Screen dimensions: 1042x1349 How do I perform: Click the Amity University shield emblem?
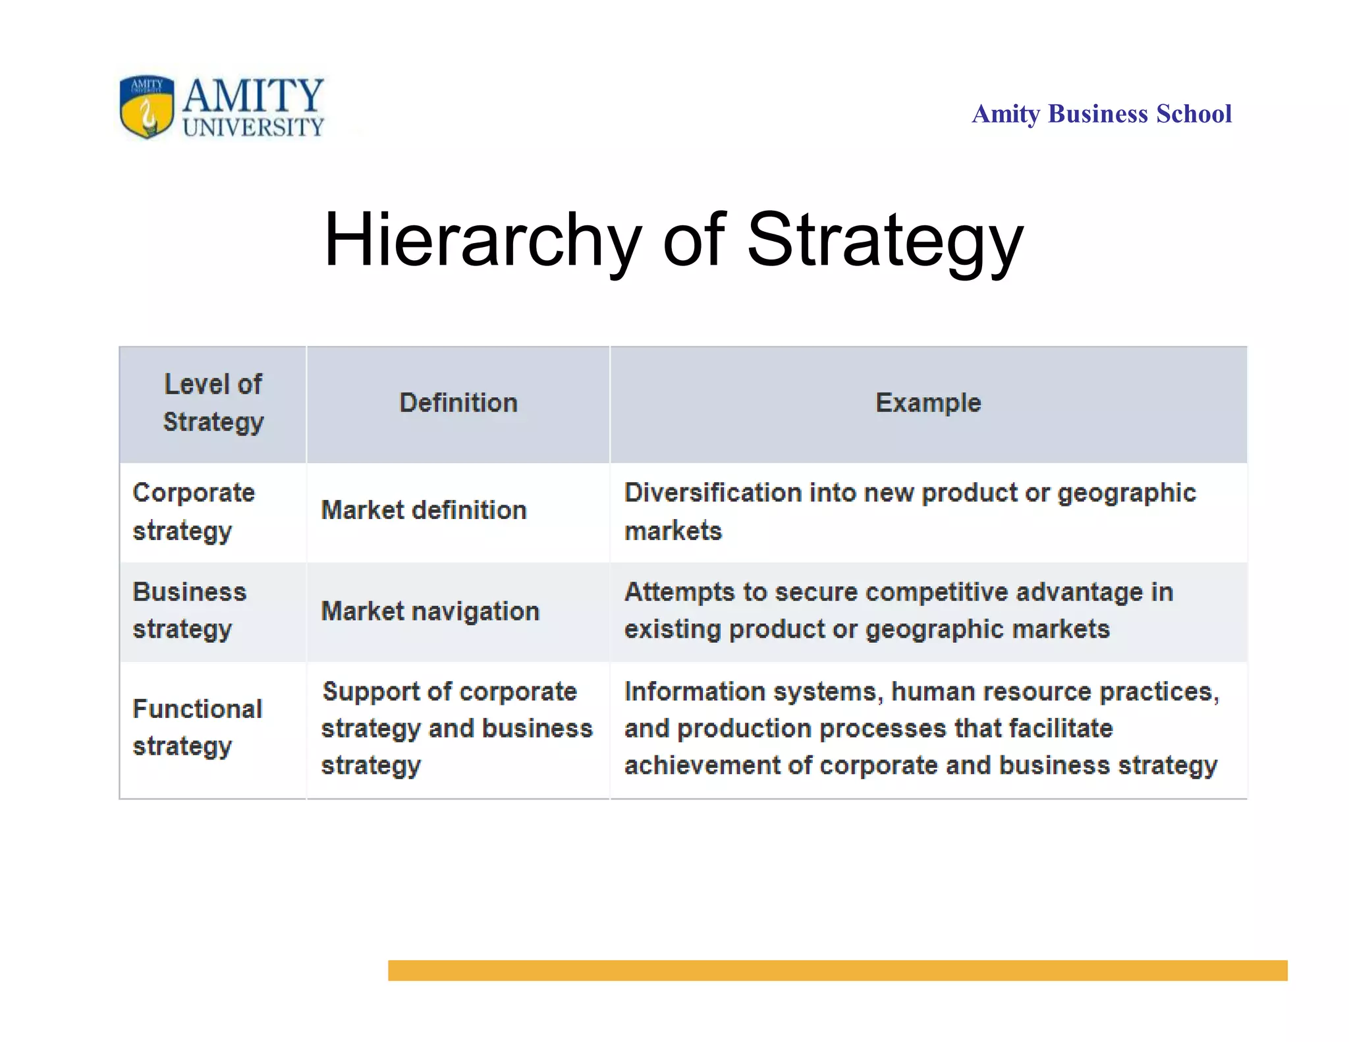click(147, 106)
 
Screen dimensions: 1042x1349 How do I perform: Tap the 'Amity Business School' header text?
click(1101, 114)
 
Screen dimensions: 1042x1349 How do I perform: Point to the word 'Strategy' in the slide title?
click(885, 240)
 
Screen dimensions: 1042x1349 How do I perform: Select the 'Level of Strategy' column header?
click(213, 403)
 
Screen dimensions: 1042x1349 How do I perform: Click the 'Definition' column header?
click(458, 403)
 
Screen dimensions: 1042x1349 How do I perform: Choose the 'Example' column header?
click(928, 403)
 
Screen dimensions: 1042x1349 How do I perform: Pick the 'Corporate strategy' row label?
click(194, 512)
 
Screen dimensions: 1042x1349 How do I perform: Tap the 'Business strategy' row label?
click(190, 611)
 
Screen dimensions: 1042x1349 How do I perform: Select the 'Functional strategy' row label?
click(198, 727)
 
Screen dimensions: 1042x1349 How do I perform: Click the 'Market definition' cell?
click(424, 510)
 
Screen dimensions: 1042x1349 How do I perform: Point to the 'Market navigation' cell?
click(430, 611)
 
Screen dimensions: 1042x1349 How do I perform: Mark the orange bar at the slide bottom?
click(837, 970)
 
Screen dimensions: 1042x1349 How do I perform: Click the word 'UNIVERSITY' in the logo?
click(254, 127)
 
